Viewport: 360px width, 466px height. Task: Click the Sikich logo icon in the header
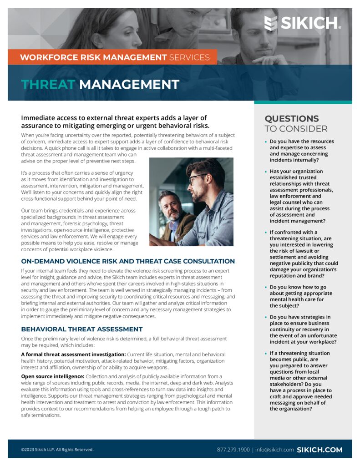[271, 23]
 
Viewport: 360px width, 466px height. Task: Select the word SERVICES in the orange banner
[189, 57]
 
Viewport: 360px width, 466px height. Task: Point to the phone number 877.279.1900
[233, 450]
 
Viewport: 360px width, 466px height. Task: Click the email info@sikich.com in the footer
[274, 450]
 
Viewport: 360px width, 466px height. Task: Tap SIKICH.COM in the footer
[319, 450]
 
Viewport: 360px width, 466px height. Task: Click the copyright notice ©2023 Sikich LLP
[57, 450]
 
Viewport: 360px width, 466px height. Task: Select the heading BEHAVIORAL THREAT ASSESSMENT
[82, 329]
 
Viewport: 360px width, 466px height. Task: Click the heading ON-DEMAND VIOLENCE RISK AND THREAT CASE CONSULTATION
[128, 261]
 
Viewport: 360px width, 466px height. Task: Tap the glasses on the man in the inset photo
[197, 177]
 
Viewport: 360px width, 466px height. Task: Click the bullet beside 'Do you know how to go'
[266, 288]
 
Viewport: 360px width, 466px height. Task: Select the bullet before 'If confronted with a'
[266, 233]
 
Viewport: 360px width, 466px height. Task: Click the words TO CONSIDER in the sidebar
[296, 129]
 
